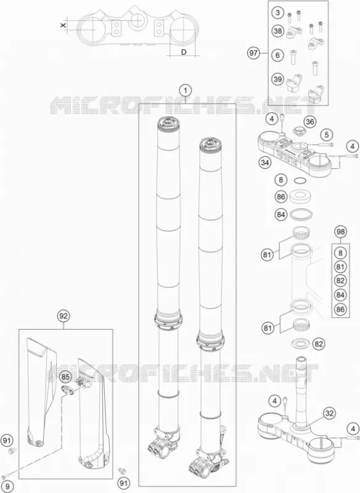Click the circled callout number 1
186,91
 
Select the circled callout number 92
63,316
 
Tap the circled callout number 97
253,53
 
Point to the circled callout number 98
340,232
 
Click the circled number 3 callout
277,13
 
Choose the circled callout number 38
277,31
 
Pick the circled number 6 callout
277,55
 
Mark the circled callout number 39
277,79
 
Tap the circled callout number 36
310,121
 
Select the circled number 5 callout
327,135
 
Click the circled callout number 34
265,163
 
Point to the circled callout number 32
329,413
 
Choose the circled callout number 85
65,377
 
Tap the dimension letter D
184,52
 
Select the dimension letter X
63,25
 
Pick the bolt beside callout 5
326,145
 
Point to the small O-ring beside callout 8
300,181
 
